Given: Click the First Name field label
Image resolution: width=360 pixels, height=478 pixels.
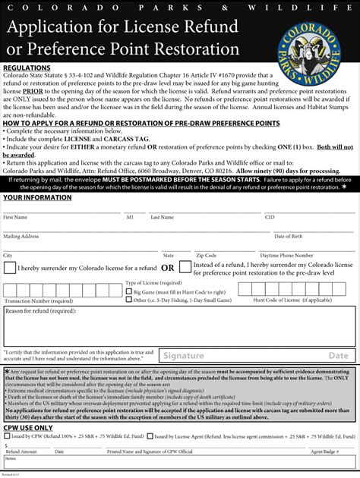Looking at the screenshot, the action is (x=16, y=217).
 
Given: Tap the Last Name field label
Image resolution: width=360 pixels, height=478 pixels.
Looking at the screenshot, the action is (x=162, y=217).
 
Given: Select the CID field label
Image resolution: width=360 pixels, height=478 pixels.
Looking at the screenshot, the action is (x=270, y=217).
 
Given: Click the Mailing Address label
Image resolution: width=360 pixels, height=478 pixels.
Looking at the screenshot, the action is (x=21, y=236).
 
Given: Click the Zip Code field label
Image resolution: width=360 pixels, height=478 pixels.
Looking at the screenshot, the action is (x=207, y=256).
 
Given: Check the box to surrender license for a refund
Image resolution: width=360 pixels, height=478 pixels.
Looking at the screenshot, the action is (x=8, y=269).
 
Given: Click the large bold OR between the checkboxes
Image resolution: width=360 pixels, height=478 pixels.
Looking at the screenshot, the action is (x=167, y=268).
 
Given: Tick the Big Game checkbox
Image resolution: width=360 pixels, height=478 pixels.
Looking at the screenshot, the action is (x=128, y=291).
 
